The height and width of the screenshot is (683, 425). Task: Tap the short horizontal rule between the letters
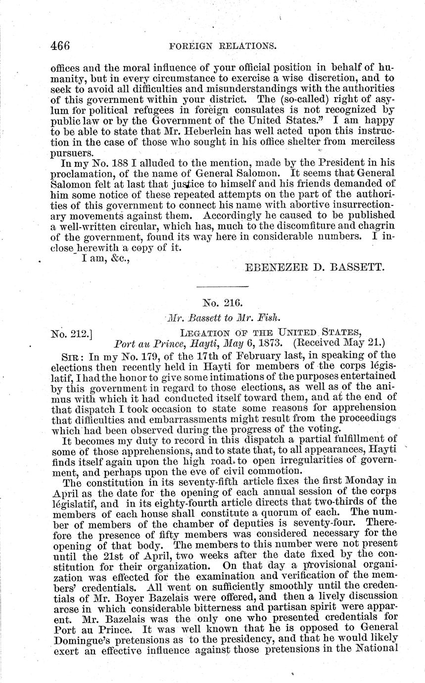click(222, 287)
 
